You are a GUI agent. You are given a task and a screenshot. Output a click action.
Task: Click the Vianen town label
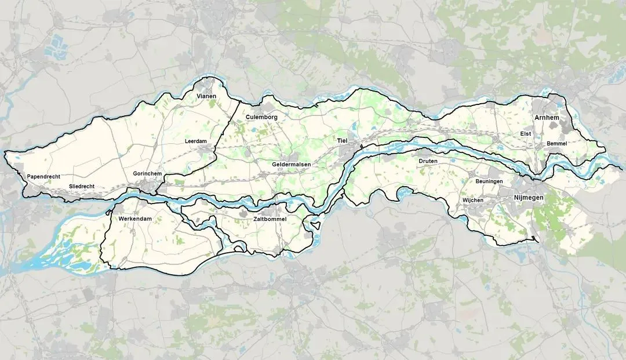click(x=206, y=96)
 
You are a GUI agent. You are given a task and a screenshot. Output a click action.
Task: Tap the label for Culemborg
click(x=261, y=117)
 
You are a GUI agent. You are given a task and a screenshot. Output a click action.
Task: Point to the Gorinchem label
click(x=147, y=174)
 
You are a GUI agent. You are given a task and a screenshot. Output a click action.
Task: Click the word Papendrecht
click(x=44, y=176)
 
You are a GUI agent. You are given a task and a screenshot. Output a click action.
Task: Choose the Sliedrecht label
click(x=82, y=186)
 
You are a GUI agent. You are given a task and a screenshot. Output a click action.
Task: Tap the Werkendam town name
click(x=134, y=219)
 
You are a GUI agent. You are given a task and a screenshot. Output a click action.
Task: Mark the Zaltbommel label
click(x=270, y=220)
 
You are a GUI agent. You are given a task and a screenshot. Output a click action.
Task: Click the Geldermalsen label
click(x=292, y=165)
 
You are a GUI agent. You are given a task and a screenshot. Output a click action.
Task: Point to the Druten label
click(x=428, y=161)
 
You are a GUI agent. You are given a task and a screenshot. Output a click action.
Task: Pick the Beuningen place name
click(x=489, y=181)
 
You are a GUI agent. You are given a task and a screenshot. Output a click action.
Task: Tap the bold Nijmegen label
click(x=529, y=199)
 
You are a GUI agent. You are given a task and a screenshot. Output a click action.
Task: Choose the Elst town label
click(x=525, y=134)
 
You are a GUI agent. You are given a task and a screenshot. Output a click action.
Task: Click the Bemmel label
click(x=556, y=143)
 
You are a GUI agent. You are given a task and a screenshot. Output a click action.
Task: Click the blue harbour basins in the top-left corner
click(x=58, y=42)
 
